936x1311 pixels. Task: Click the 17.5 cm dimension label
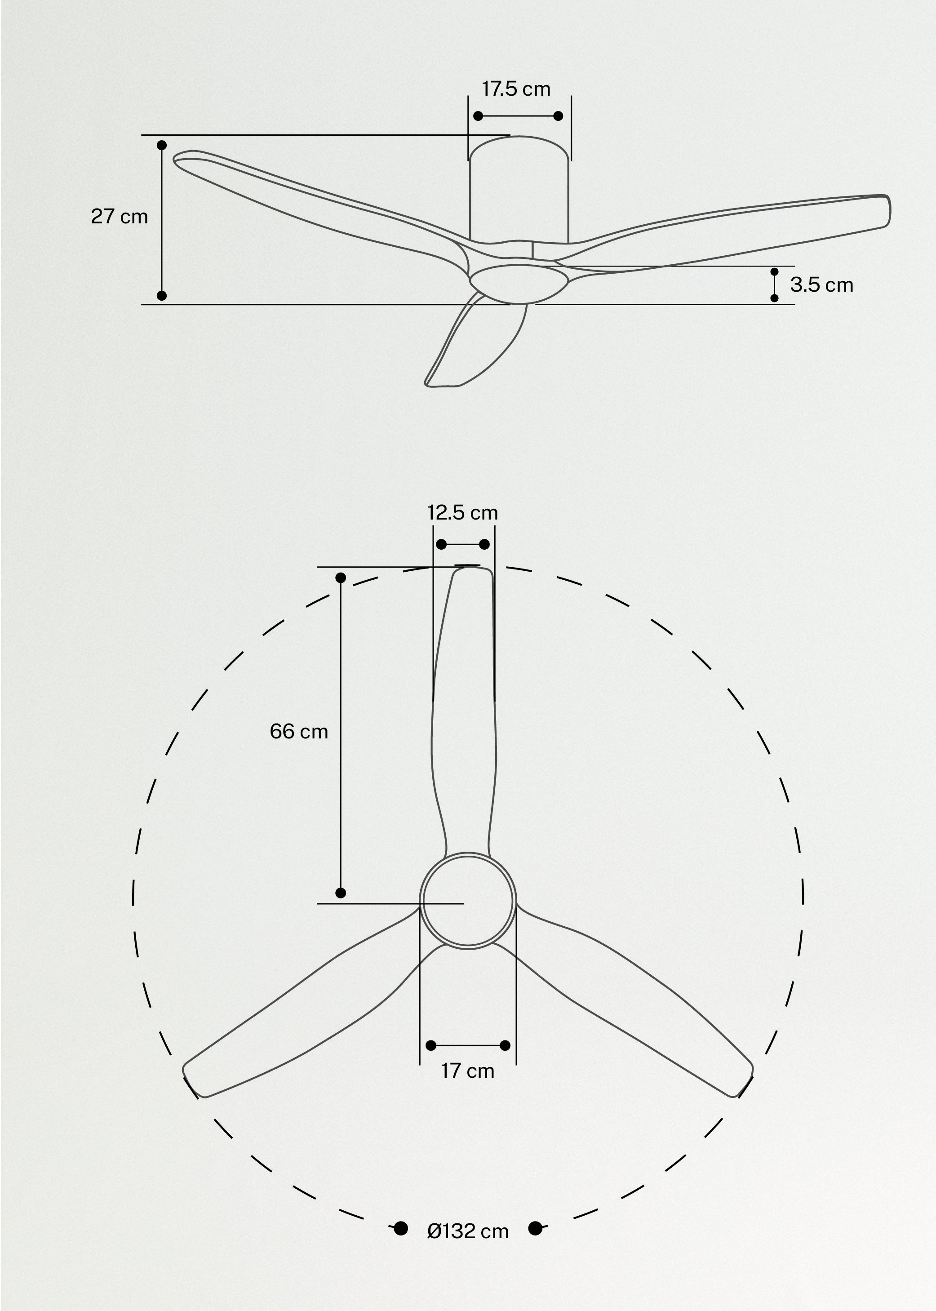pos(516,89)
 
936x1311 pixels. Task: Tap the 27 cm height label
pos(120,217)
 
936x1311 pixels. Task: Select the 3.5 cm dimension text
pos(821,285)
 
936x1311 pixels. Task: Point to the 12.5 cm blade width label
pos(462,512)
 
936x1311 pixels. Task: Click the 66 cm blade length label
pos(298,732)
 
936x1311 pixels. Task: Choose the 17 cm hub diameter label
pos(467,1071)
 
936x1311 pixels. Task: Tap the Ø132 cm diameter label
pos(467,1231)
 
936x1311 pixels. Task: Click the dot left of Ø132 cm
pos(400,1229)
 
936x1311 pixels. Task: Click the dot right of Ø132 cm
pos(535,1229)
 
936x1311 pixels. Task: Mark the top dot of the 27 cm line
pos(162,145)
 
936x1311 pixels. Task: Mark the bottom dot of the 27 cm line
pos(162,296)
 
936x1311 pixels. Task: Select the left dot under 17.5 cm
pos(478,116)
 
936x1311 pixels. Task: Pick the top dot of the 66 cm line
pos(341,578)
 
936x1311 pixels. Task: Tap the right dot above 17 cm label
pos(505,1045)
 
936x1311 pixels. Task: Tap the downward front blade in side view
pos(479,346)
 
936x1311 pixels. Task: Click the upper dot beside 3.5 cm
pos(774,271)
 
